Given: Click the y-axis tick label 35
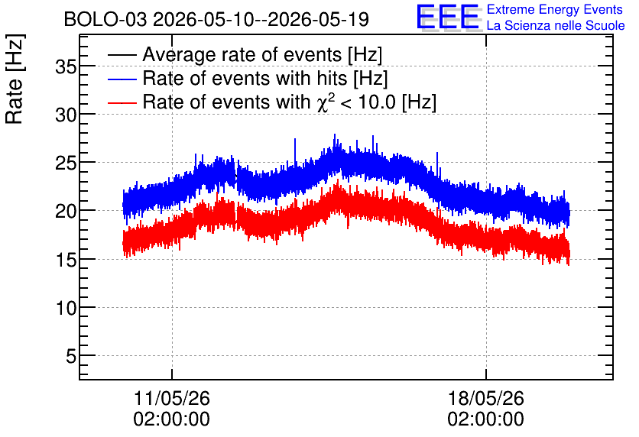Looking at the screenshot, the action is click(66, 66).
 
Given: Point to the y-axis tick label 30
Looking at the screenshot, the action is click(66, 115).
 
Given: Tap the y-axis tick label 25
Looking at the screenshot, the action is click(66, 163).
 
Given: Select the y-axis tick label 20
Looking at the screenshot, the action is click(66, 211).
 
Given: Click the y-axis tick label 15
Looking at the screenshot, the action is click(66, 260).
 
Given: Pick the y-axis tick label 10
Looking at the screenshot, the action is click(66, 308).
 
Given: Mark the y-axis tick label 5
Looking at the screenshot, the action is click(71, 356).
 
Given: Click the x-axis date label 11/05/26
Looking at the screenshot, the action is click(171, 398).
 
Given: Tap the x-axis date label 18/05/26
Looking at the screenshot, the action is click(486, 398).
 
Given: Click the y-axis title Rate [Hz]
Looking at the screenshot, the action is click(15, 79).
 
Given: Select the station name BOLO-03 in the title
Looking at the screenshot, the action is click(105, 19).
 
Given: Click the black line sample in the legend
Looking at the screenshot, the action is click(122, 55).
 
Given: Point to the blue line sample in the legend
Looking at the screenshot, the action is click(122, 79).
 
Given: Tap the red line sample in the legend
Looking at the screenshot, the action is click(122, 102).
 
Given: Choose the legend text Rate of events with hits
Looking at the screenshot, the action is click(245, 78).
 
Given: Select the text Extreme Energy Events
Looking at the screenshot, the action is click(555, 9).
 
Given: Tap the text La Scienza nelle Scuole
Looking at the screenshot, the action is click(556, 25).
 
